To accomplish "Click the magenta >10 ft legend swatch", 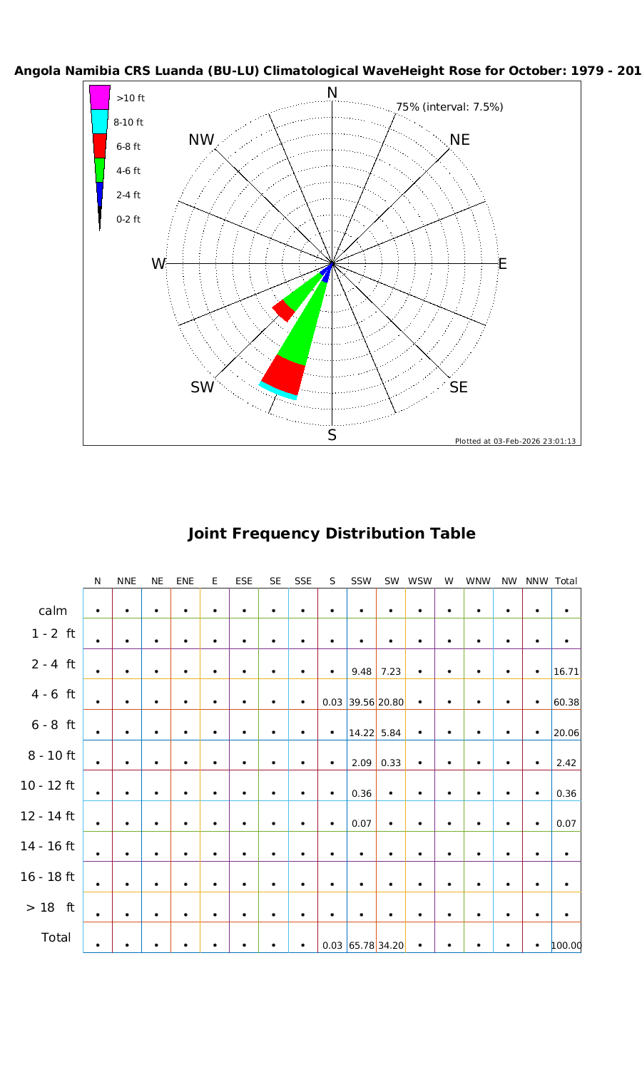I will point(100,97).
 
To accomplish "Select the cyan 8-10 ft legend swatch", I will point(100,121).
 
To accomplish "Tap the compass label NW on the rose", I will point(202,141).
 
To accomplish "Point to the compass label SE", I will point(459,387).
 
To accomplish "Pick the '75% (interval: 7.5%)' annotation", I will point(449,107).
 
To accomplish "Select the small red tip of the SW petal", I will point(283,310).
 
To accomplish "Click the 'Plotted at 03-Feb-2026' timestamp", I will point(516,441).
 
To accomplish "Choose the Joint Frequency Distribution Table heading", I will point(332,534).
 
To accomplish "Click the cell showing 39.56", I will point(362,703).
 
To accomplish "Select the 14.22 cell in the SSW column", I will point(362,733).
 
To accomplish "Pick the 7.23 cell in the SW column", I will point(390,672).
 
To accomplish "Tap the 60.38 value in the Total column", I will point(566,703).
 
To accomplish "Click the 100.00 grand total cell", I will point(566,946).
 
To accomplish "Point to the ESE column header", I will point(244,581).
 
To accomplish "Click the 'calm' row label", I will point(53,611).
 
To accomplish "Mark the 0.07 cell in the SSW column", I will point(362,824).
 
